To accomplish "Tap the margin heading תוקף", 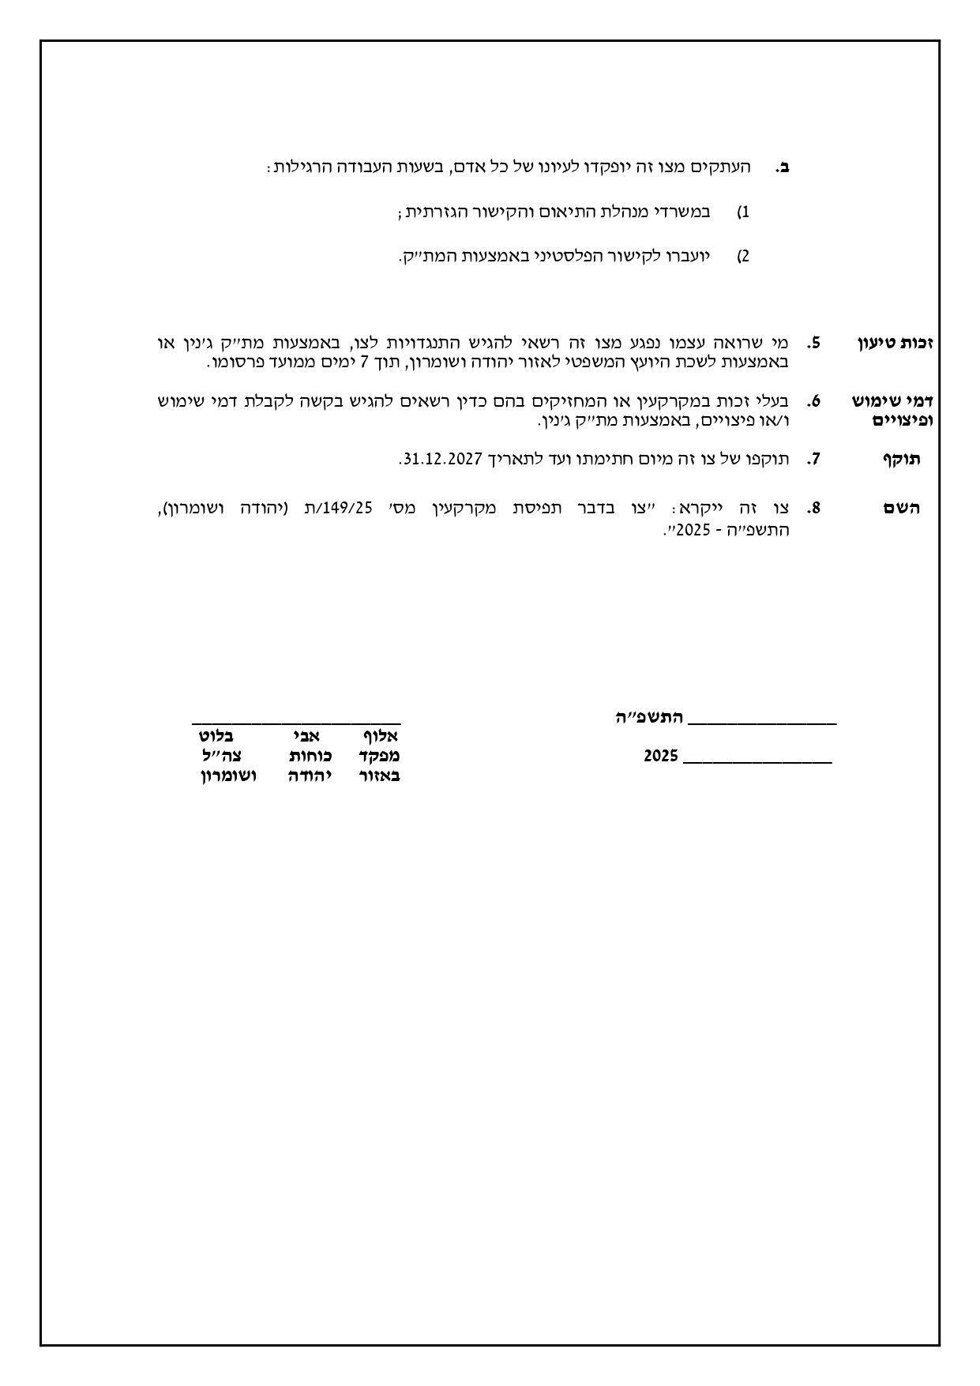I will [901, 460].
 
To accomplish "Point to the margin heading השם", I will [902, 509].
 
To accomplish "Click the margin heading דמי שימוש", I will [893, 401].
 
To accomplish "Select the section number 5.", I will [814, 343].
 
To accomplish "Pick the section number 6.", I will [814, 401].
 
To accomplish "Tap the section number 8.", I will [814, 508].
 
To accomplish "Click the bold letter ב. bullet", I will [783, 167].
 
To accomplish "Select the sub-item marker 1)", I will [743, 212].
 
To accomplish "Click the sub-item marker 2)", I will [743, 257].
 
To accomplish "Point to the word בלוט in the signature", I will [216, 736].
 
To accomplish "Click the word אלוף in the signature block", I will [379, 736].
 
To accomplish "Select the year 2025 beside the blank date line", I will [661, 756].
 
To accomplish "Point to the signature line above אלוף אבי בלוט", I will [296, 723].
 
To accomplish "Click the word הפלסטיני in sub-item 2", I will [561, 256].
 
